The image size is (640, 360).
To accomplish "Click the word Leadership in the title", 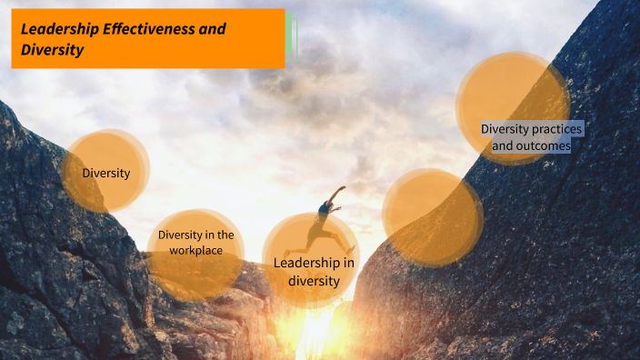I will tap(57, 29).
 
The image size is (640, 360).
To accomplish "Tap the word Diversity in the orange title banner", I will tap(53, 50).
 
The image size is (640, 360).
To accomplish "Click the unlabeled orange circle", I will tap(432, 216).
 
